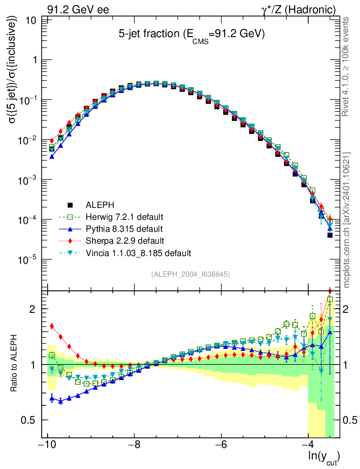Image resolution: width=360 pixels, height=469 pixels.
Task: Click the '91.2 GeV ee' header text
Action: (x=78, y=9)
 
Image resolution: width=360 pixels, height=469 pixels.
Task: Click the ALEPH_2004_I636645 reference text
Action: (x=190, y=274)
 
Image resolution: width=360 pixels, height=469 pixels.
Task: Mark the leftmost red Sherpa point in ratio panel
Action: (x=52, y=326)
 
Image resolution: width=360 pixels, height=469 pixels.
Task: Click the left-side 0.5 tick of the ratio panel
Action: (x=39, y=420)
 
